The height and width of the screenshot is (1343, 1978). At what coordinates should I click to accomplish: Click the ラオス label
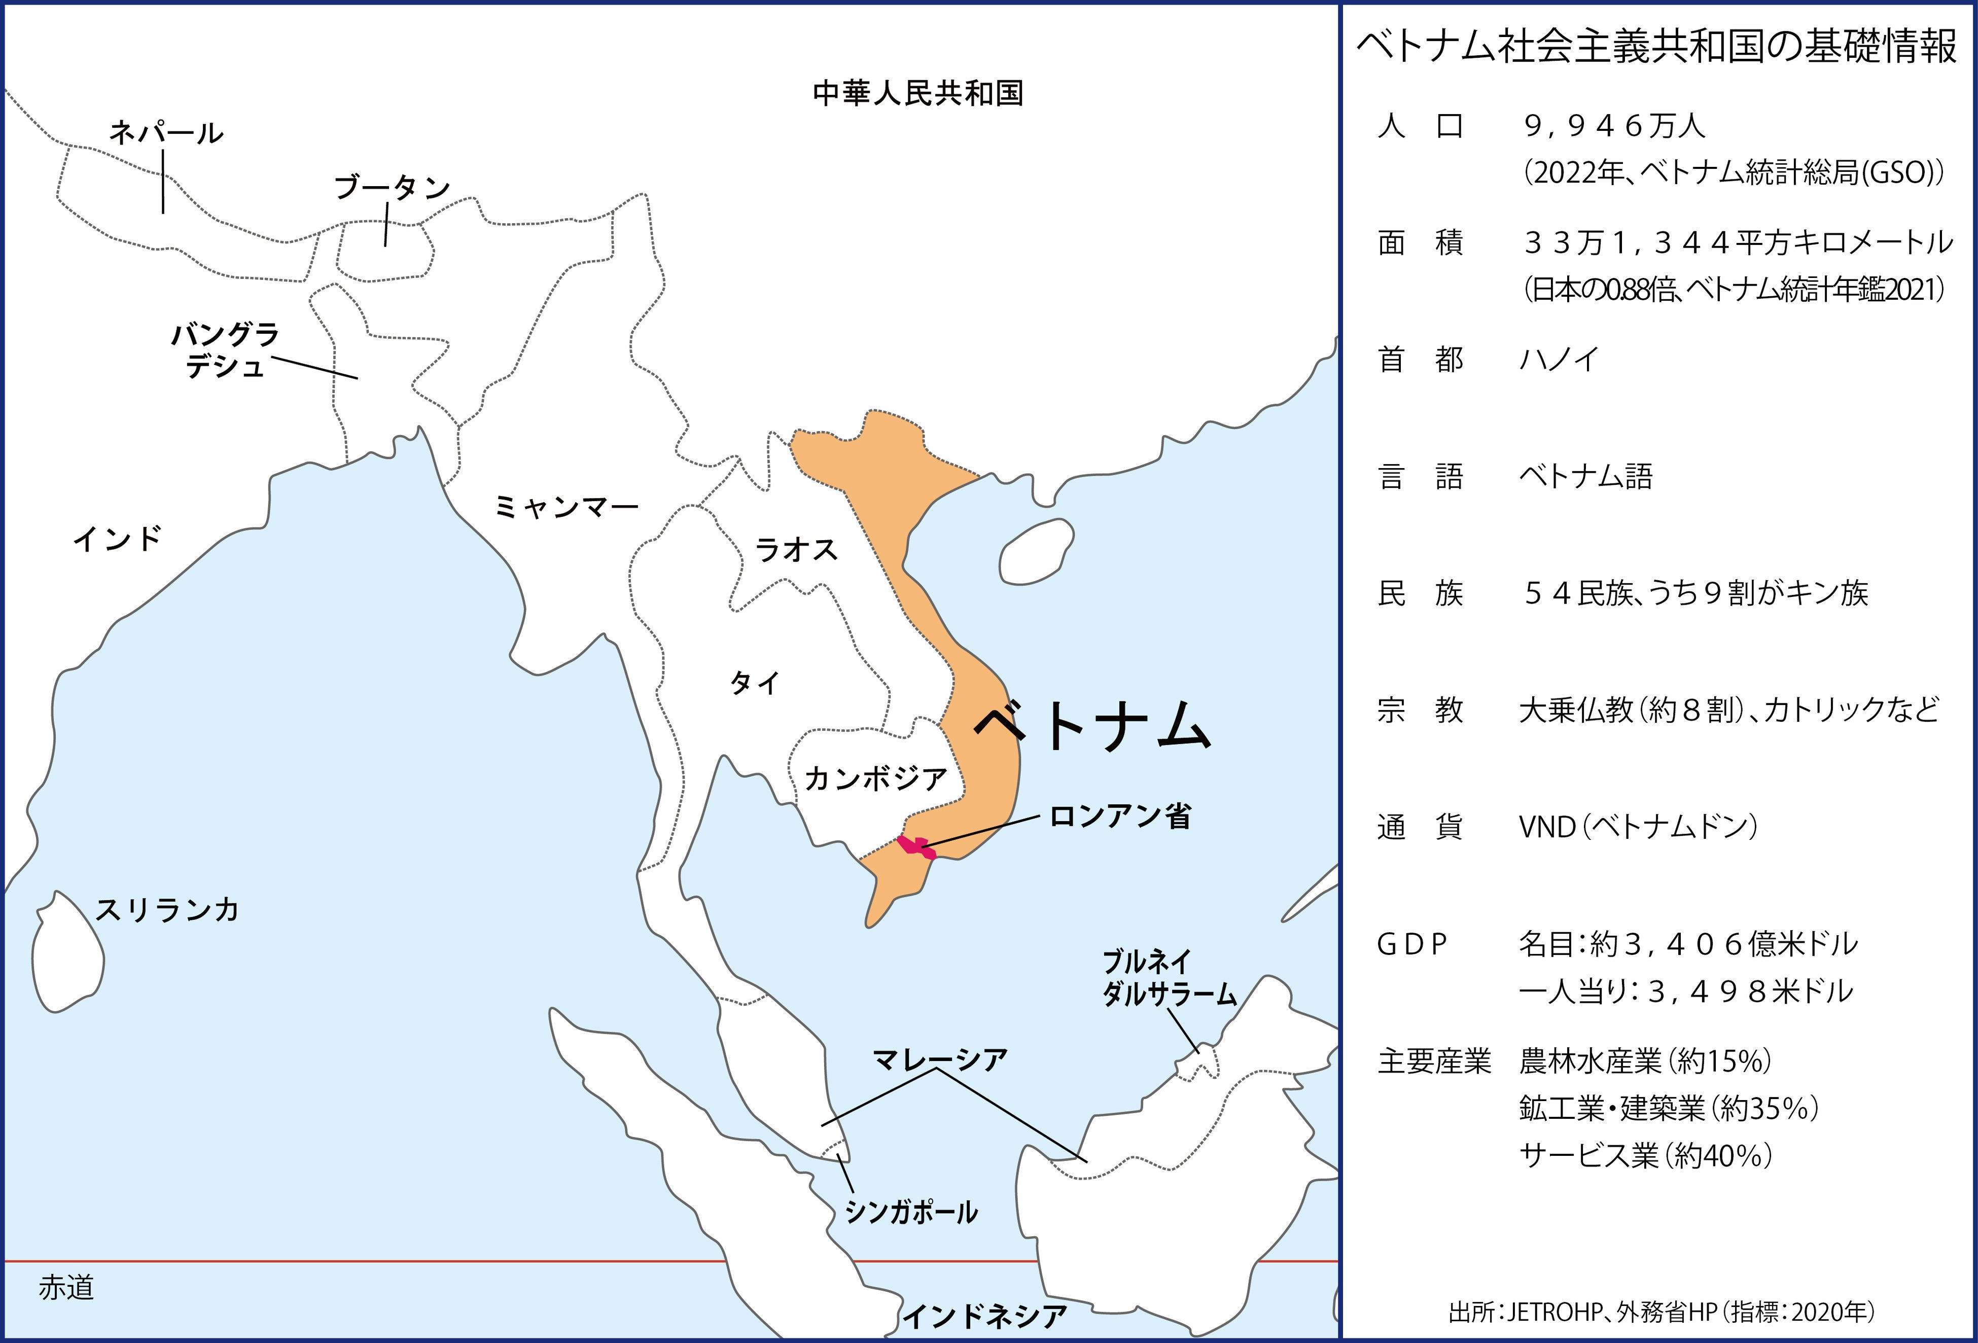pos(797,550)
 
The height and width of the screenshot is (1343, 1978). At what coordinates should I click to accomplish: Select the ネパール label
pos(166,133)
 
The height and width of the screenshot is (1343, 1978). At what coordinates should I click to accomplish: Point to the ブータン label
pos(392,187)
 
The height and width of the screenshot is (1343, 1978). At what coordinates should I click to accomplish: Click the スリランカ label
pos(167,910)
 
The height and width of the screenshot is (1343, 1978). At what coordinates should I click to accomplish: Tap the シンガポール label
pos(911,1212)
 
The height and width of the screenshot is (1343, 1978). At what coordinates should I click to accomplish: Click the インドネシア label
pos(984,1317)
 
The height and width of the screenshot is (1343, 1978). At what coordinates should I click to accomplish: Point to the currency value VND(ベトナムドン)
pos(1638,826)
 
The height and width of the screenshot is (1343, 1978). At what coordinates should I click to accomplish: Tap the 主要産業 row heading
pos(1434,1062)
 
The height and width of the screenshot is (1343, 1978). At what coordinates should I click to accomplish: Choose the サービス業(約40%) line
pos(1645,1156)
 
